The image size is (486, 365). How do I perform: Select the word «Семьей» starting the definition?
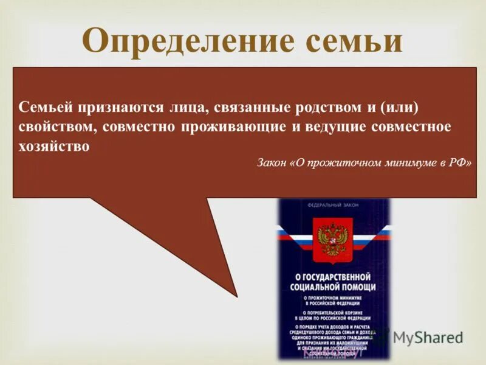41,107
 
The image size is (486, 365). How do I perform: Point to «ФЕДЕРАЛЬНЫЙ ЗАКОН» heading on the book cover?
334,206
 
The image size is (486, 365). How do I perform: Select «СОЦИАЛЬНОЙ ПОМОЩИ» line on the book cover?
333,287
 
